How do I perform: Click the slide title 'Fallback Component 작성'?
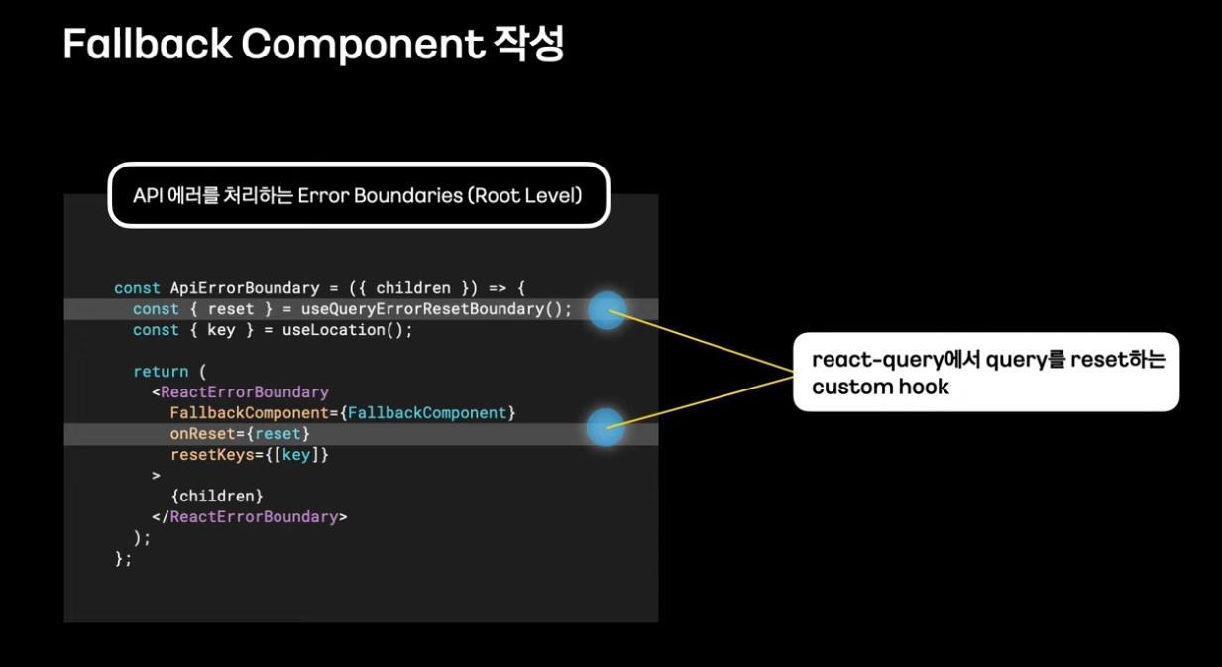[313, 45]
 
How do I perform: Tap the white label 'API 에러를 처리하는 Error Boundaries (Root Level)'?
[358, 195]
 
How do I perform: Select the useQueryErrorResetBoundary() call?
[436, 309]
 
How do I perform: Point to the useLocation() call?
[347, 330]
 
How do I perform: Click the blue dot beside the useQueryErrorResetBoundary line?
[607, 311]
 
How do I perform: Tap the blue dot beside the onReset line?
[605, 428]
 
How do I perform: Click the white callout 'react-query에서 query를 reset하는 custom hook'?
[986, 372]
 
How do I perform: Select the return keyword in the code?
[161, 372]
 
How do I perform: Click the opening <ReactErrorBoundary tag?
[241, 392]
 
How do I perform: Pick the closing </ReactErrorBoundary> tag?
[250, 517]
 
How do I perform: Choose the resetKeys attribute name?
[212, 455]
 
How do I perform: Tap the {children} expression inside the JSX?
[217, 496]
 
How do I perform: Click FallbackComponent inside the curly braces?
[427, 413]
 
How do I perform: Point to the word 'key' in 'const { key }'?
[221, 330]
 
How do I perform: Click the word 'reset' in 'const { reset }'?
[231, 309]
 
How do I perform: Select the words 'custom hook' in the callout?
[880, 387]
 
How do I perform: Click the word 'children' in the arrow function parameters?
[413, 288]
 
